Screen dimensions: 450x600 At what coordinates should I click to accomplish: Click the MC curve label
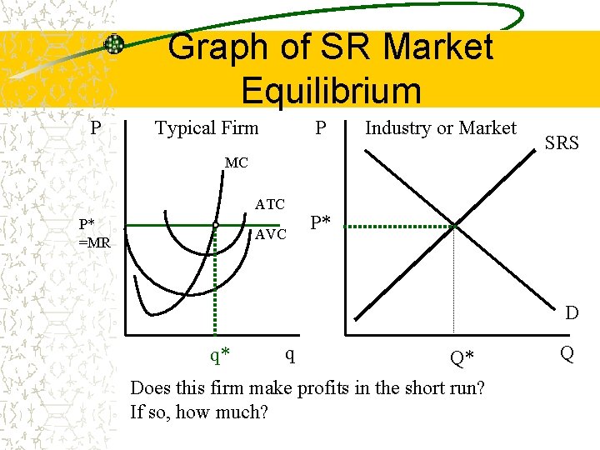(236, 162)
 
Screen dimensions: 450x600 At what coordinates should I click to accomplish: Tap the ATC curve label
(270, 204)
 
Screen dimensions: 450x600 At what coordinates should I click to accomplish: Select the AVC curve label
(271, 234)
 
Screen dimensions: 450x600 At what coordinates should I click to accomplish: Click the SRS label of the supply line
(562, 142)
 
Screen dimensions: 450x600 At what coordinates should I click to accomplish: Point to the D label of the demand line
(572, 313)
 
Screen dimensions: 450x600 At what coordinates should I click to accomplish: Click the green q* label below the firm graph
(220, 356)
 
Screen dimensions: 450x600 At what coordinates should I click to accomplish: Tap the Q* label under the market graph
(462, 358)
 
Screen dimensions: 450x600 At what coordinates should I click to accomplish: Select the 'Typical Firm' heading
(207, 128)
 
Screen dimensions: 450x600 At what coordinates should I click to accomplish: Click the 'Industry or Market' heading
(441, 128)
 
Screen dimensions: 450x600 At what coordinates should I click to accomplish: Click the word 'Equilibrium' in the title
(331, 91)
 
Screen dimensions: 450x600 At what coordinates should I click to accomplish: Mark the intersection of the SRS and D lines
(454, 225)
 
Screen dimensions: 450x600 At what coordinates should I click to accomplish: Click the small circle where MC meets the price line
(215, 225)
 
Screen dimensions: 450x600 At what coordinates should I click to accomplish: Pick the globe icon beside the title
(114, 44)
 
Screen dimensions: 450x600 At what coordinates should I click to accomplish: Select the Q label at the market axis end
(567, 354)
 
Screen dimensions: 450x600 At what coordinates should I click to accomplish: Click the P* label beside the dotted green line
(321, 222)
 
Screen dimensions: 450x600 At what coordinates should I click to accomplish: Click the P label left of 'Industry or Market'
(320, 128)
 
